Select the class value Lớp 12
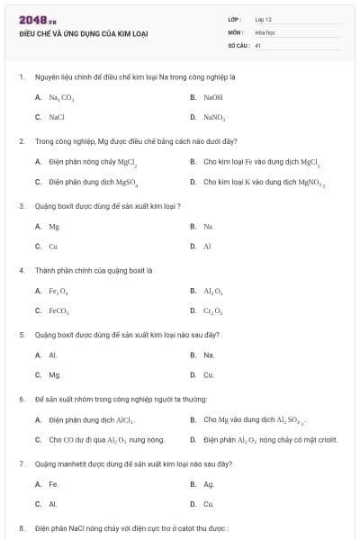[x=263, y=19]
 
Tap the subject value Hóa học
[x=265, y=31]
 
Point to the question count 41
[x=258, y=45]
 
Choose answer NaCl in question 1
[x=57, y=117]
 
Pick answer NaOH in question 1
[x=212, y=96]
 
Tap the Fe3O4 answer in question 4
[x=58, y=291]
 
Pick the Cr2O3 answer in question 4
[x=213, y=310]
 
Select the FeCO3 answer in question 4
[x=58, y=310]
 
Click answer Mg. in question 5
[x=55, y=374]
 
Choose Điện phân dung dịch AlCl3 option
[x=91, y=419]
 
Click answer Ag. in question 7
[x=209, y=484]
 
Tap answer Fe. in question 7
[x=53, y=484]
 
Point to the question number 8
[x=22, y=528]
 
